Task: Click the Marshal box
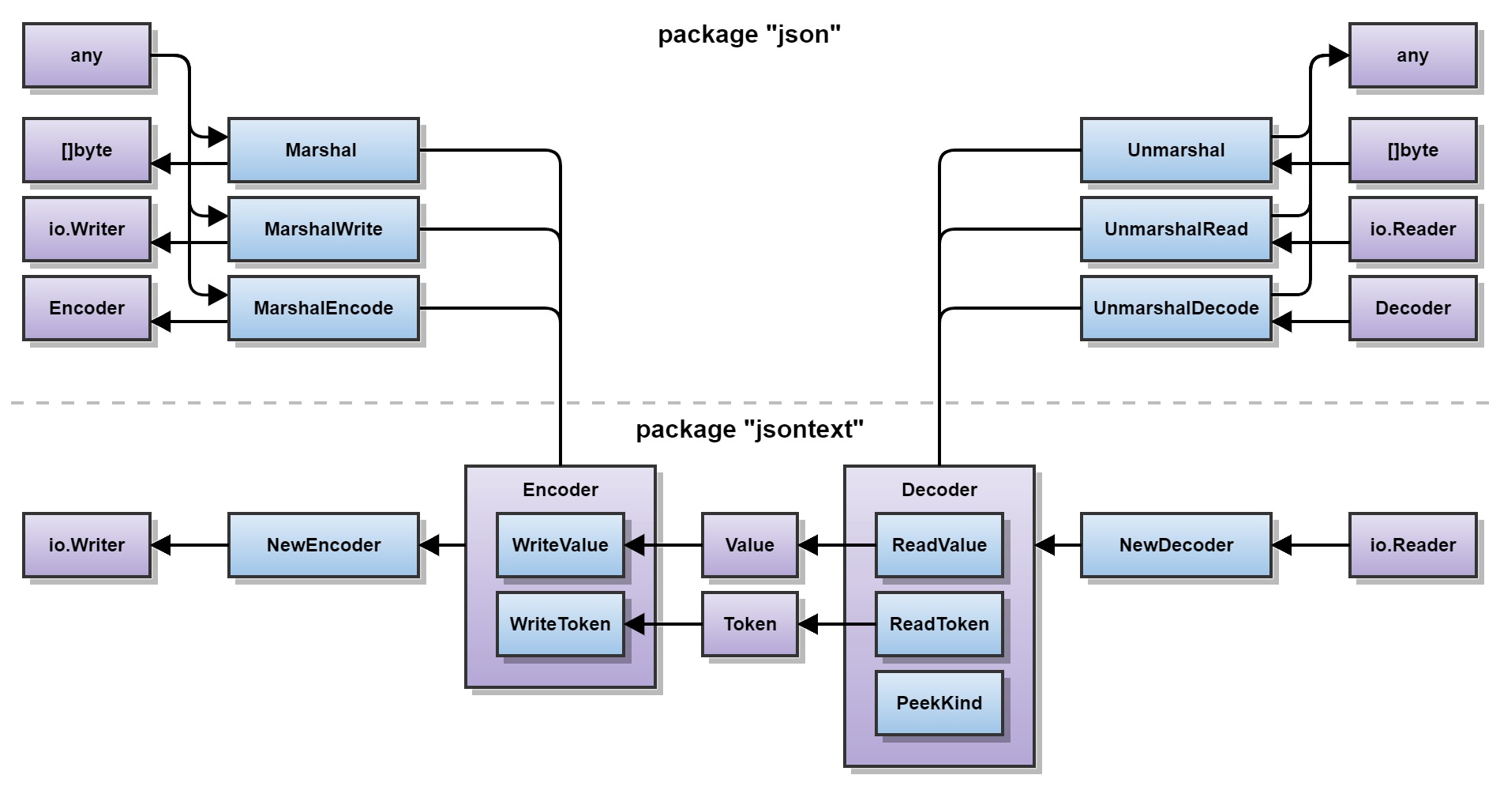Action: (x=324, y=150)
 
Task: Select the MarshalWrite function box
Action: (x=324, y=229)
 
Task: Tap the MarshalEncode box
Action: (x=324, y=308)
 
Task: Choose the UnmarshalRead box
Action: (x=1176, y=229)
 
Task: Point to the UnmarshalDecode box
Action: (x=1176, y=308)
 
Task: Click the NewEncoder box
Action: (x=324, y=545)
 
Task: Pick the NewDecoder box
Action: (x=1176, y=545)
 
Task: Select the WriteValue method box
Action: (x=561, y=545)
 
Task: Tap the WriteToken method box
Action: (x=561, y=624)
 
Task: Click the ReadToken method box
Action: (x=939, y=624)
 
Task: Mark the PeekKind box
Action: (x=939, y=703)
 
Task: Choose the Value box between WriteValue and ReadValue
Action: (x=750, y=545)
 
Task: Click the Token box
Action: (x=750, y=624)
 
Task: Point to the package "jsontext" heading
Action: (x=750, y=429)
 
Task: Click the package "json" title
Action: (x=750, y=34)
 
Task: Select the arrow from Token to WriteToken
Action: (x=663, y=624)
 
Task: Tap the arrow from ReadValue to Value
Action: (x=837, y=545)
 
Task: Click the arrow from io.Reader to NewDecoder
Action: (x=1311, y=545)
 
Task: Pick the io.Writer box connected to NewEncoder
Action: (x=87, y=545)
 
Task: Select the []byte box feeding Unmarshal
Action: (x=1413, y=150)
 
